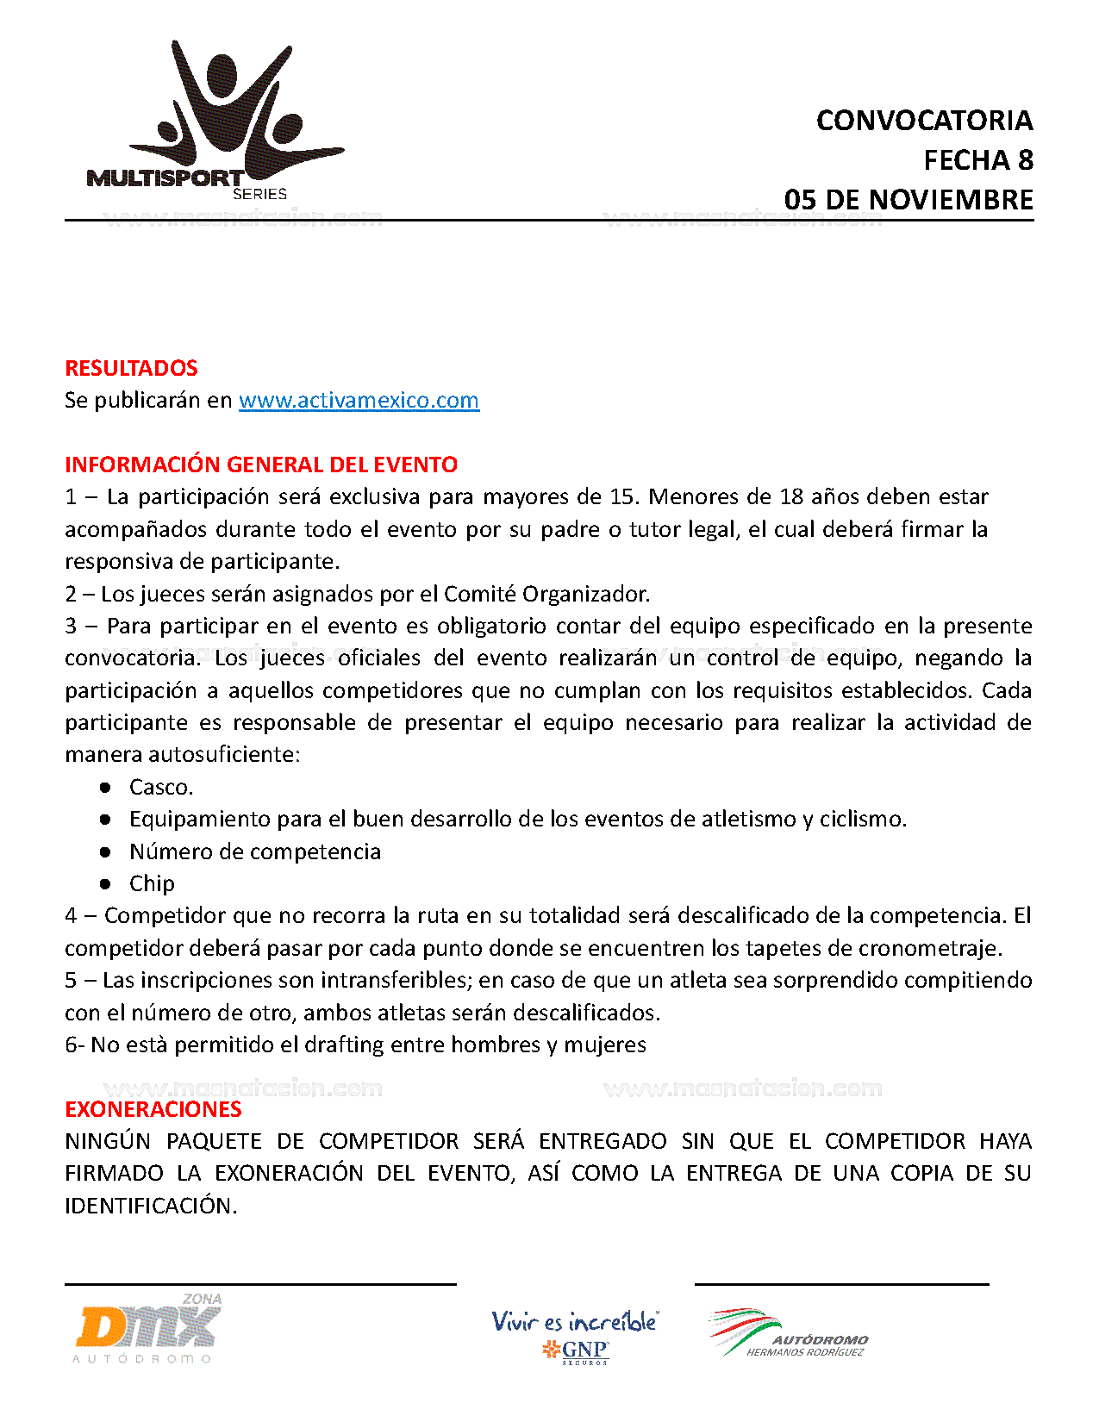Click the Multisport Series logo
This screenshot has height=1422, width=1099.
pos(215,121)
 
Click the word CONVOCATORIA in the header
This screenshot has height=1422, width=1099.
pos(924,121)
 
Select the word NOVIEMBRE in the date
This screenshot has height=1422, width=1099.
pos(951,200)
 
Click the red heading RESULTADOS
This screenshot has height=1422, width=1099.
pos(131,368)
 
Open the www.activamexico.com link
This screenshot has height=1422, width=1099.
pos(359,400)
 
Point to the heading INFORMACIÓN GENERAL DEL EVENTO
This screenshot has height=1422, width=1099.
pos(261,465)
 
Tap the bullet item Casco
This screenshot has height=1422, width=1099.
pos(161,787)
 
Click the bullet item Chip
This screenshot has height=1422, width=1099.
pos(152,883)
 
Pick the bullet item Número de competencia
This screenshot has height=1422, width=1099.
pos(254,851)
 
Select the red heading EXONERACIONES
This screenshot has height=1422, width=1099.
pos(153,1109)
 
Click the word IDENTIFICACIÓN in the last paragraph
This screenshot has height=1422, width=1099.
pos(151,1206)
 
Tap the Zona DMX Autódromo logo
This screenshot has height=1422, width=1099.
pos(147,1329)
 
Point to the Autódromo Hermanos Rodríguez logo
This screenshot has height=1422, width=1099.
pos(789,1334)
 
